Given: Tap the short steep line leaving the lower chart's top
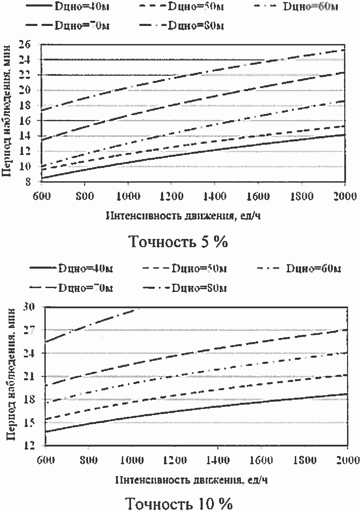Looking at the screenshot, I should [92, 324].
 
